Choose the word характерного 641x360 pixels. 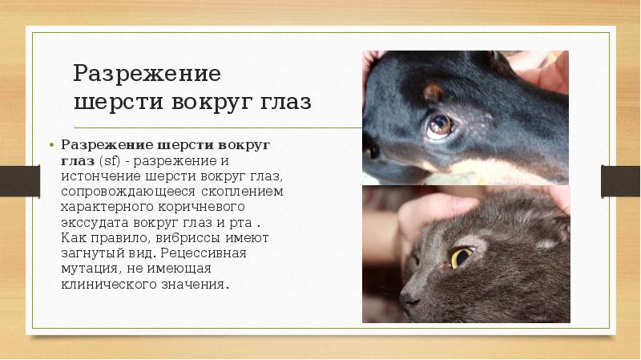tap(107, 207)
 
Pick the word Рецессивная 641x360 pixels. tap(211, 253)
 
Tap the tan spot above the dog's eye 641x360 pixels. tap(433, 92)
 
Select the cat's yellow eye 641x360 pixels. tap(461, 257)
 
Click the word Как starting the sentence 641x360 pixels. tap(73, 237)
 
